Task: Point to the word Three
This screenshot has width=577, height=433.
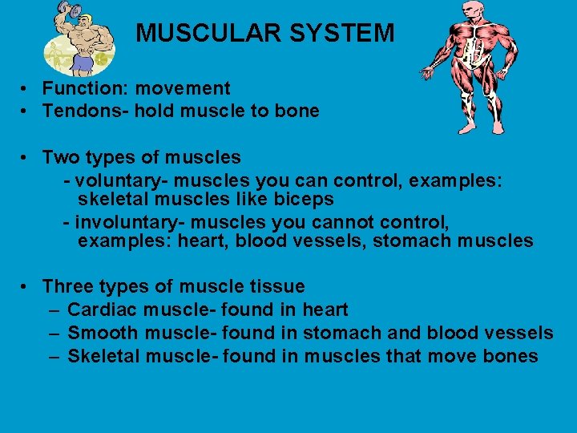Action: point(68,286)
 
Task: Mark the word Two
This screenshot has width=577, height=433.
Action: point(60,157)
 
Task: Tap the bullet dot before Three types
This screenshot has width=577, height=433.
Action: point(26,287)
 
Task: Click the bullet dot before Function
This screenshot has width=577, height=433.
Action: point(26,90)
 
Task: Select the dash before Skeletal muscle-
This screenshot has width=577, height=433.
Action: point(53,356)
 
